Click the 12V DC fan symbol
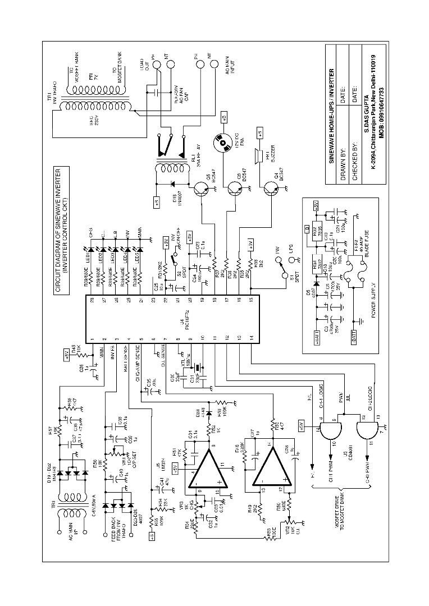pos(223,143)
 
